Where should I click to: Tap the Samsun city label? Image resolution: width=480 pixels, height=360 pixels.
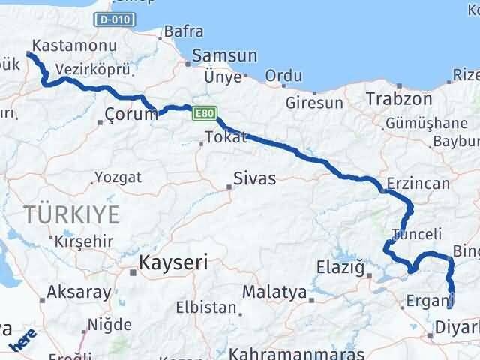(224, 56)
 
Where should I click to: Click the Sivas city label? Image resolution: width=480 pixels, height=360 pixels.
(254, 179)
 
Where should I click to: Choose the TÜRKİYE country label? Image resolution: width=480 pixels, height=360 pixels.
(71, 214)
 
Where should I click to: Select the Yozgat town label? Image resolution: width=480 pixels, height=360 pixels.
(118, 178)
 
